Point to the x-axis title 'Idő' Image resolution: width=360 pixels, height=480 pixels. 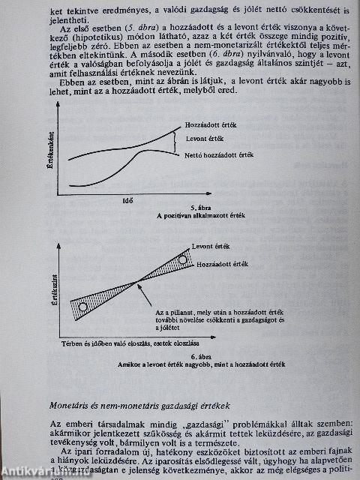point(127,199)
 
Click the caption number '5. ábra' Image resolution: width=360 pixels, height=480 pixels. point(196,208)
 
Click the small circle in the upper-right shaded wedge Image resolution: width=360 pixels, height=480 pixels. point(183,259)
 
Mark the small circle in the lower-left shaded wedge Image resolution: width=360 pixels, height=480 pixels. point(83,307)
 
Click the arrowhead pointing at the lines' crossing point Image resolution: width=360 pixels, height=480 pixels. point(142,286)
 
